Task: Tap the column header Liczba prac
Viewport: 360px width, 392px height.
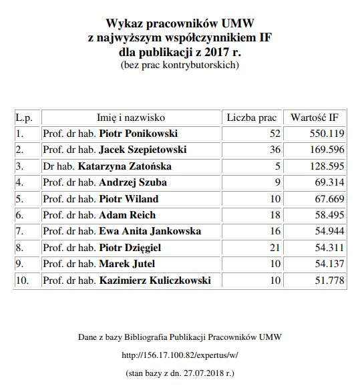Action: click(251, 118)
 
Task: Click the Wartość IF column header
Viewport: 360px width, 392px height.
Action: click(315, 118)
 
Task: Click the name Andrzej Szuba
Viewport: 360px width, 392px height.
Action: click(133, 182)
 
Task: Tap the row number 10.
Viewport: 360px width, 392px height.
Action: click(22, 280)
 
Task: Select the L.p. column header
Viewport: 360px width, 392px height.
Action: click(24, 118)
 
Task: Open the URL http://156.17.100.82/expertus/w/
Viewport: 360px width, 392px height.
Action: click(180, 356)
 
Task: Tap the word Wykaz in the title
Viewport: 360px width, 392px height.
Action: click(124, 23)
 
